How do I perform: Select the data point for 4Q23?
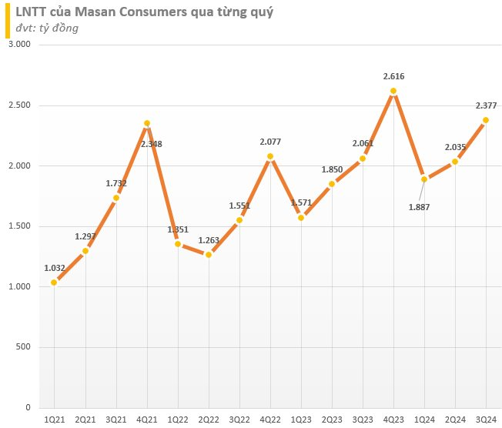pos(393,91)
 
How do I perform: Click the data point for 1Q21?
pos(54,283)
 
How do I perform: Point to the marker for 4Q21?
pos(147,123)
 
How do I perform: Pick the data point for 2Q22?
pos(208,255)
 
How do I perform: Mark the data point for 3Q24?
pos(486,120)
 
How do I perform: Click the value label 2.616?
pos(393,76)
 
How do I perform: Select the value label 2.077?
pos(270,141)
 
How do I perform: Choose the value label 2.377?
pos(486,105)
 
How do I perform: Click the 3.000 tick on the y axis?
pos(18,45)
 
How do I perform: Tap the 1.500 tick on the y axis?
pos(18,226)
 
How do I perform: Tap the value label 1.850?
pos(332,169)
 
